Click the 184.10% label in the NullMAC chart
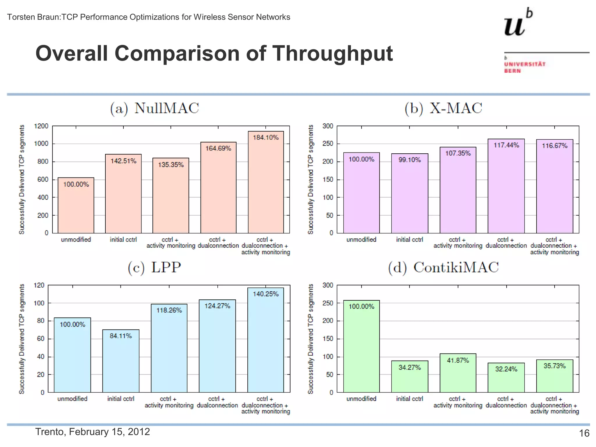point(266,137)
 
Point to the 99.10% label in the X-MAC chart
point(409,160)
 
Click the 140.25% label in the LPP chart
point(266,294)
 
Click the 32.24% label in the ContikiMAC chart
point(506,369)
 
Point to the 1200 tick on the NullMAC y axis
point(41,126)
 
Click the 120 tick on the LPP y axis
point(39,285)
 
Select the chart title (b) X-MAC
point(443,108)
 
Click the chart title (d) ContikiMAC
point(443,267)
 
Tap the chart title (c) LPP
point(154,267)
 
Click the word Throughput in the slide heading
point(332,54)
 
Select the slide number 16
point(584,433)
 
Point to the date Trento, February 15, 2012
point(93,432)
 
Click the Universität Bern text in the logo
point(524,67)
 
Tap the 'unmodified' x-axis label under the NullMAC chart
point(76,240)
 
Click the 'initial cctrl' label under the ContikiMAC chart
point(409,399)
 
